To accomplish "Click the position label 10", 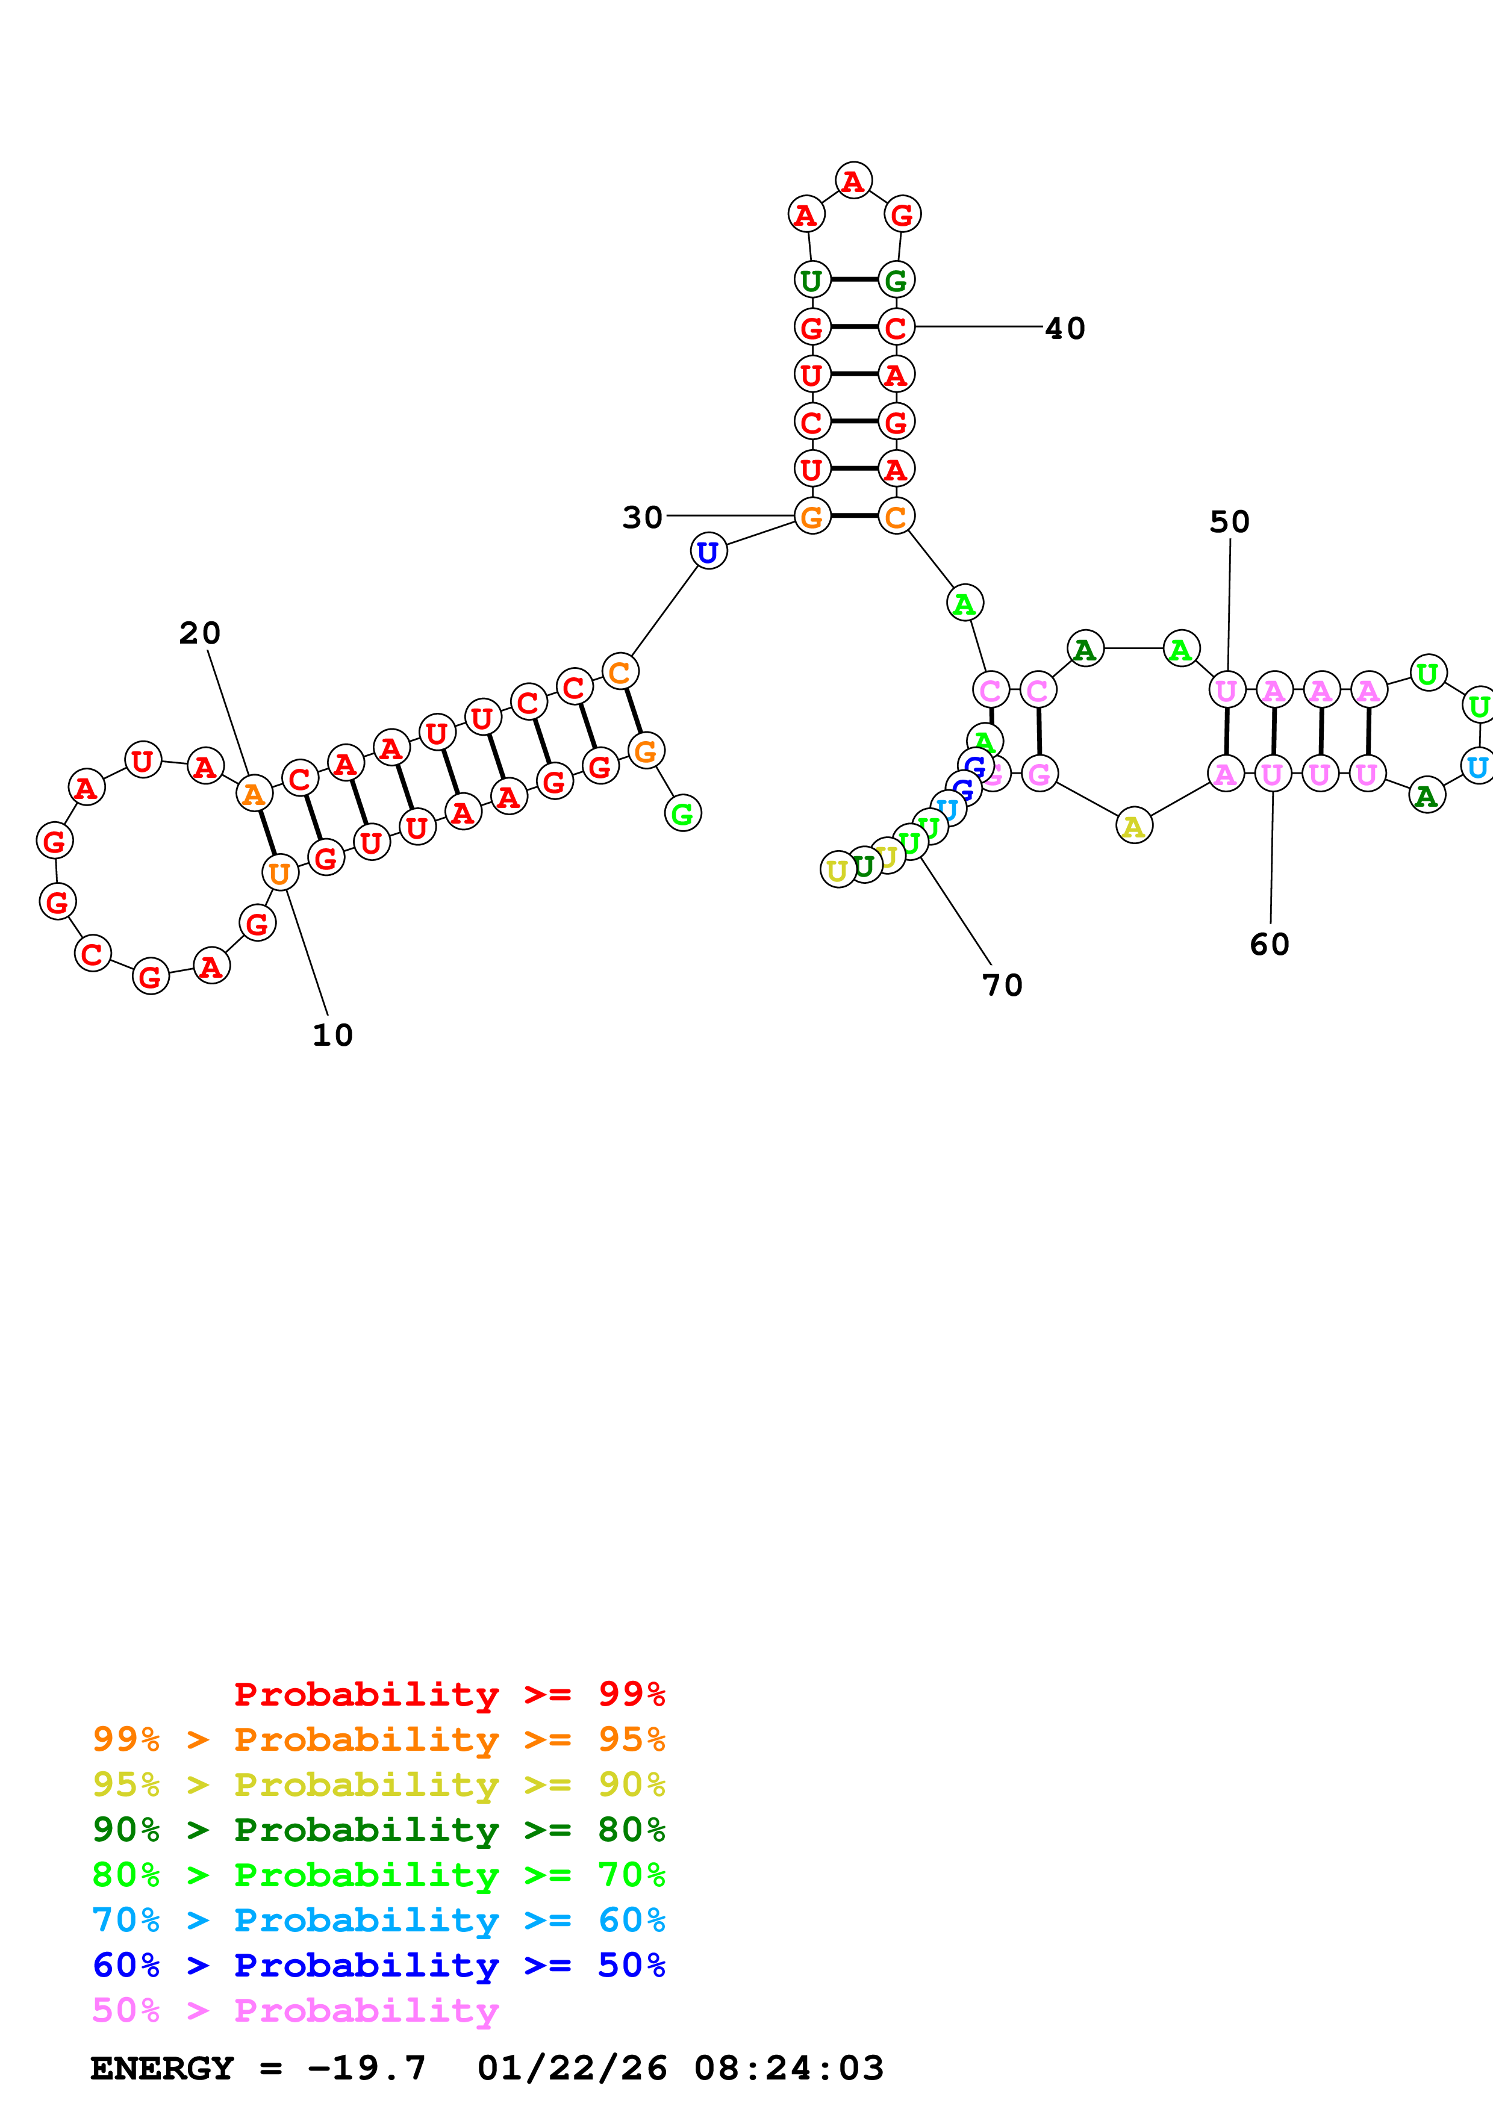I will point(332,1035).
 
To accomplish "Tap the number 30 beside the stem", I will point(642,518).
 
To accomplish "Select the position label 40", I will point(1065,328).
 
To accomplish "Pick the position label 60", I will point(1270,944).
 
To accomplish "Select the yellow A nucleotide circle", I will point(1133,826).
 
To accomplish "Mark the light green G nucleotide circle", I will point(682,813).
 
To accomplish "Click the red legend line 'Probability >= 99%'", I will point(449,1694).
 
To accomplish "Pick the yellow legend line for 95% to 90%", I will point(378,1784).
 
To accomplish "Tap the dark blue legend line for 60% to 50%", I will point(378,1965).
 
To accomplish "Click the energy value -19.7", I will point(367,2069).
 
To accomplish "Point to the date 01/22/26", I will point(572,2069).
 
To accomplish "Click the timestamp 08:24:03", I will point(788,2069).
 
